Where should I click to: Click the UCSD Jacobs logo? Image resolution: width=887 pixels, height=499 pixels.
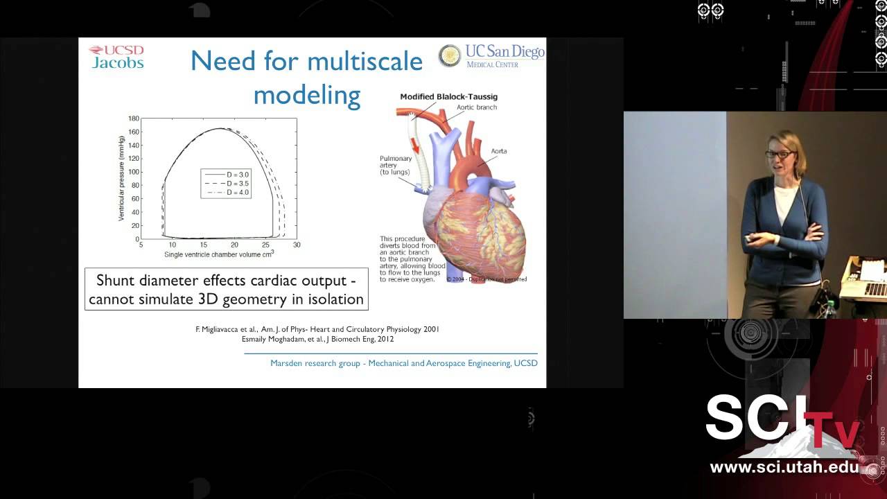tap(116, 57)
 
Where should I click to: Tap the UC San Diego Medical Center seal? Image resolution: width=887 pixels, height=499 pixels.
tap(450, 56)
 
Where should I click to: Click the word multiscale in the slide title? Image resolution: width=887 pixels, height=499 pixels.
tap(365, 62)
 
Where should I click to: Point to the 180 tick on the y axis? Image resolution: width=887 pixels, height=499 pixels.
tap(134, 119)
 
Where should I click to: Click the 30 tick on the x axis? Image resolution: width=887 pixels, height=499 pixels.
tap(297, 245)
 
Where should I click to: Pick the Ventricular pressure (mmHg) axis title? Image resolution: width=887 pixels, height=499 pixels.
tap(122, 178)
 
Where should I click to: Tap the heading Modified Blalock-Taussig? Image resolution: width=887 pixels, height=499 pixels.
tap(448, 97)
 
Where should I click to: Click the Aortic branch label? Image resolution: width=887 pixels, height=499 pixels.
tap(477, 107)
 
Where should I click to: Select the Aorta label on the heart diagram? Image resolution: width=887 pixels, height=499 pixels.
tap(500, 150)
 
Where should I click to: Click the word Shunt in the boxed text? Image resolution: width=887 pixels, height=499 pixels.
tap(116, 281)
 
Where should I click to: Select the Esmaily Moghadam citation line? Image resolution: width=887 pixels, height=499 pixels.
tap(317, 339)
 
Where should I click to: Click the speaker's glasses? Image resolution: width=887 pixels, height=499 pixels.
tap(779, 154)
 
